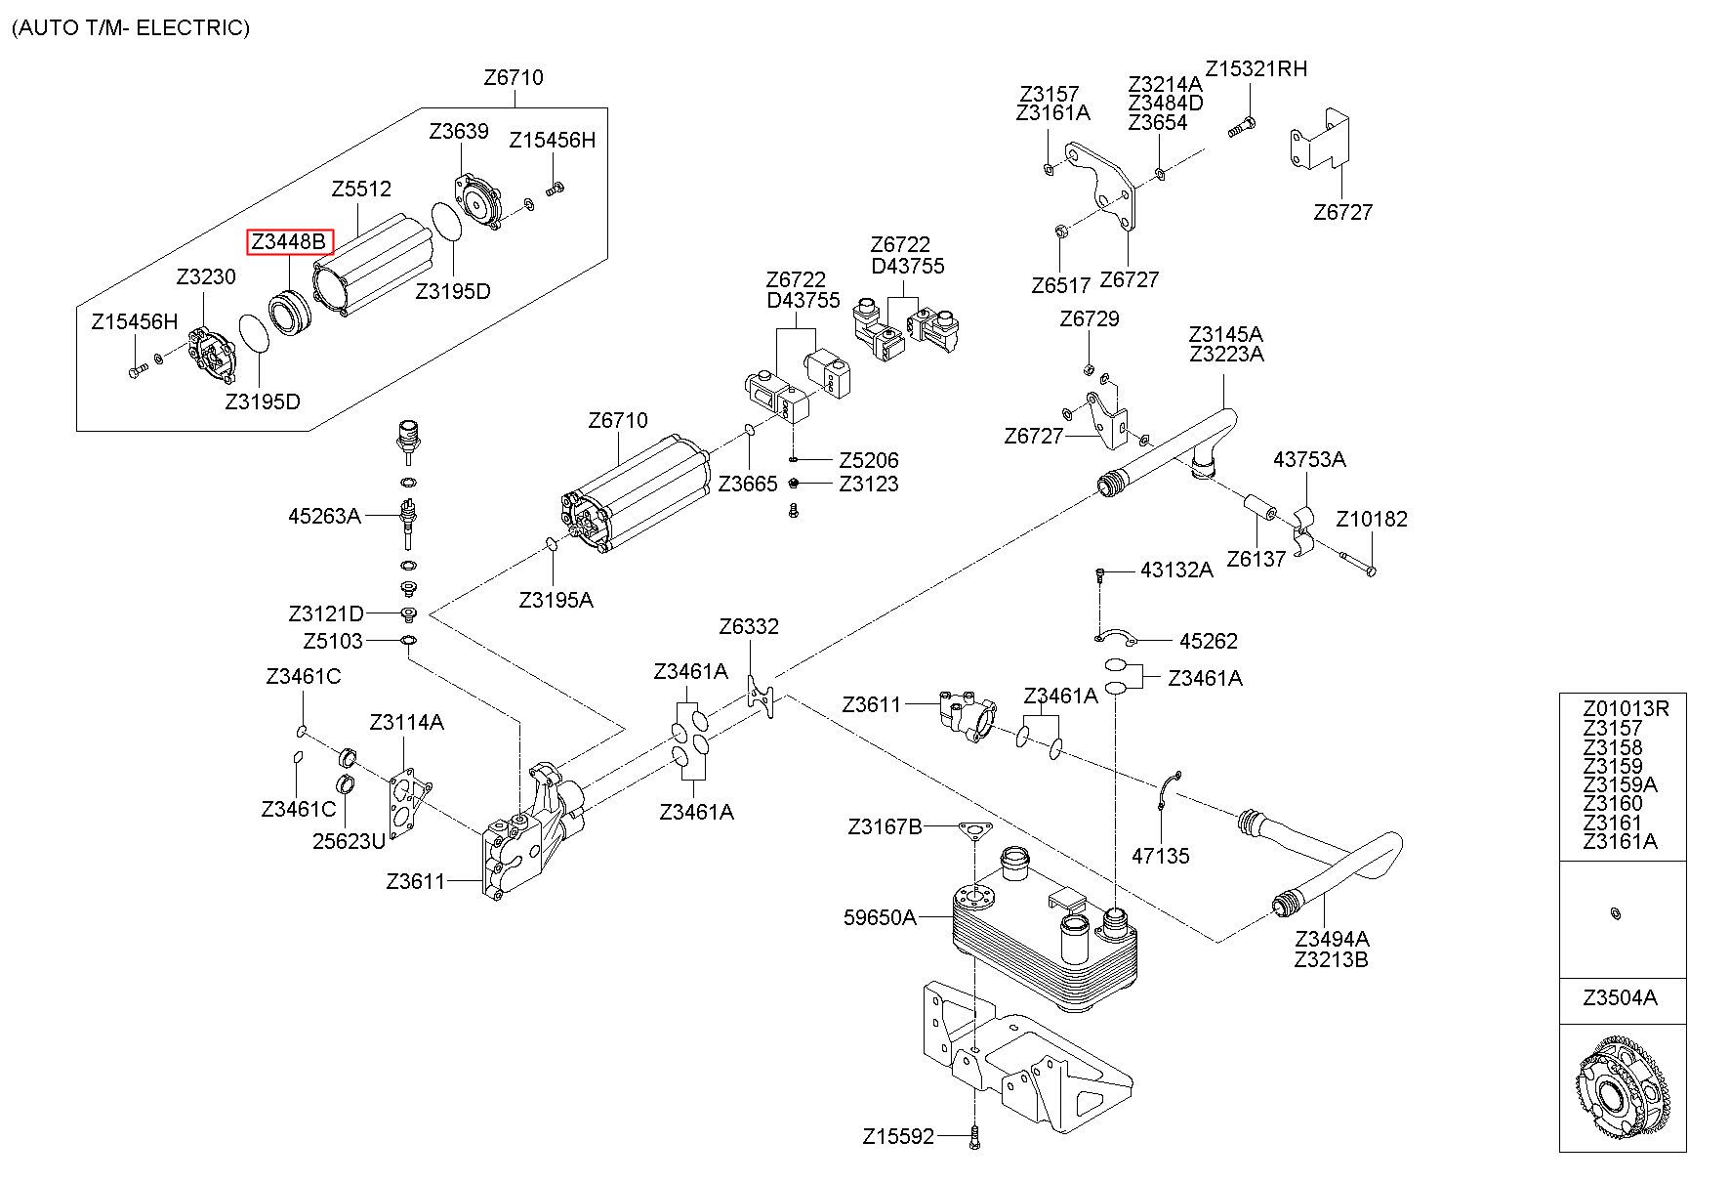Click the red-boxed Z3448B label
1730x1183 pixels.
[x=290, y=241]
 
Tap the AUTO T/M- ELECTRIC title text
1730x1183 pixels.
[x=131, y=27]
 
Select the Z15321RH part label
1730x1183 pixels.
[x=1256, y=68]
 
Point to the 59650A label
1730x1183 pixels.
[x=880, y=917]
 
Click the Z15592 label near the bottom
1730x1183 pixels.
[x=898, y=1136]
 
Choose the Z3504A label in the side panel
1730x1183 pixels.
[x=1621, y=998]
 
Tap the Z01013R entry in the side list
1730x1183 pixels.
[x=1627, y=708]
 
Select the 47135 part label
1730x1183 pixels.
[x=1161, y=856]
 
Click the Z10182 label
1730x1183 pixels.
[x=1372, y=519]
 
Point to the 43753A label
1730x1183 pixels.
[x=1309, y=459]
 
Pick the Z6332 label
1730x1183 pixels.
[x=749, y=626]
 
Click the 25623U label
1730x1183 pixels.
[x=349, y=840]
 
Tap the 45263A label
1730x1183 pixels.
[x=324, y=515]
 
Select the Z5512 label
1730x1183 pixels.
[x=361, y=189]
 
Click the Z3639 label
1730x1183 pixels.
[x=459, y=131]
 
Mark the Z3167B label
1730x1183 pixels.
[x=885, y=827]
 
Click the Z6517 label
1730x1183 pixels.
[x=1060, y=285]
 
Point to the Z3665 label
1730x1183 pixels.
[x=748, y=484]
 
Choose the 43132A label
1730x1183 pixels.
[x=1176, y=570]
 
